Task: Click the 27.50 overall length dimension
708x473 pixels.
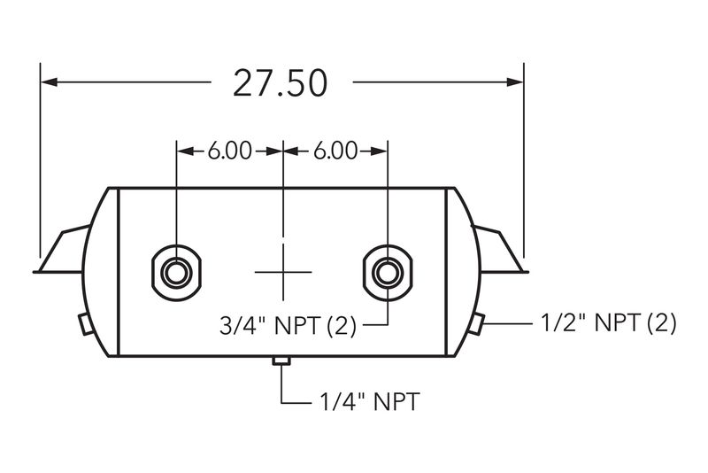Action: click(x=280, y=83)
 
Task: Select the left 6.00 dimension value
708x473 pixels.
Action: click(x=230, y=151)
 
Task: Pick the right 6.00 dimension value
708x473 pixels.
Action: click(x=335, y=151)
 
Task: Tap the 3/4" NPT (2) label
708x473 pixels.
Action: click(x=288, y=325)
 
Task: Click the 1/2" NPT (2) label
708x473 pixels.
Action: click(x=609, y=323)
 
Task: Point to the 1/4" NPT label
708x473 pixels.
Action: click(x=370, y=401)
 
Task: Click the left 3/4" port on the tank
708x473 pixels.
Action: click(x=176, y=273)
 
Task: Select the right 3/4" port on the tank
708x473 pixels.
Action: click(x=388, y=273)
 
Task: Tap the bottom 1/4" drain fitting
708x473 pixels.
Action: click(x=281, y=361)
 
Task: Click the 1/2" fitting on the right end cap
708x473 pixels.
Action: click(x=476, y=323)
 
